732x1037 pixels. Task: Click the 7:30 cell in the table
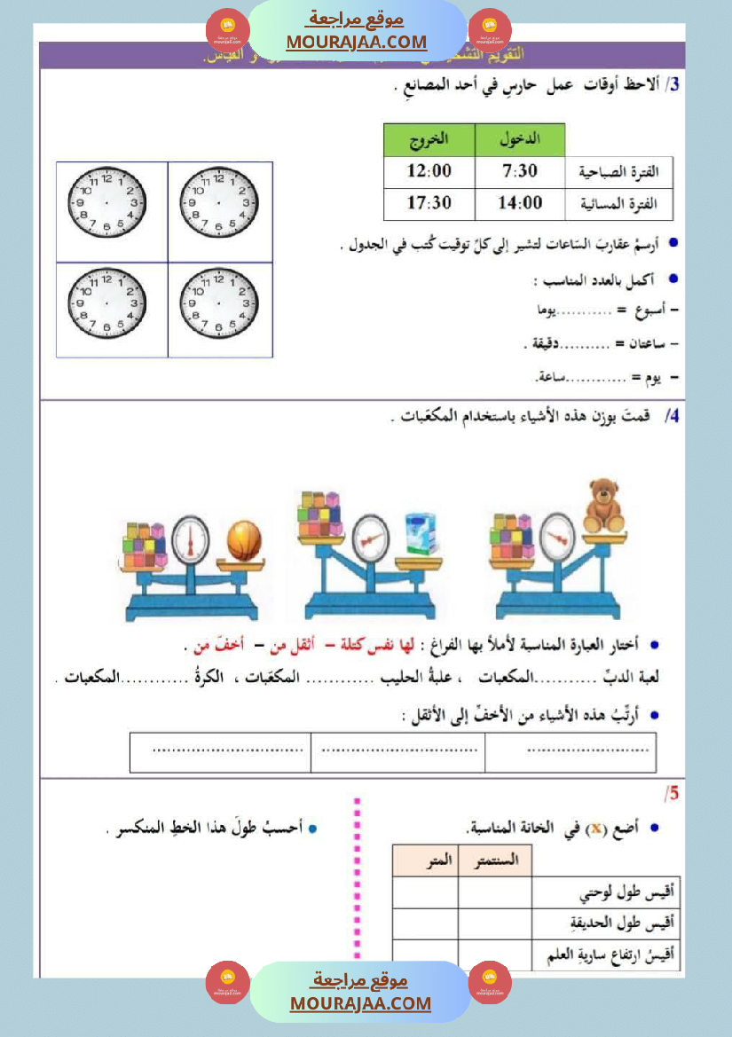pyautogui.click(x=520, y=171)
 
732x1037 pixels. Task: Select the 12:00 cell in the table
pyautogui.click(x=429, y=171)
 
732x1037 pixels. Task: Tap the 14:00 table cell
pyautogui.click(x=520, y=203)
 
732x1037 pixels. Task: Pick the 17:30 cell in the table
pyautogui.click(x=429, y=203)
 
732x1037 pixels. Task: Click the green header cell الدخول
pyautogui.click(x=520, y=140)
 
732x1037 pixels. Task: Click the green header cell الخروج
pyautogui.click(x=429, y=140)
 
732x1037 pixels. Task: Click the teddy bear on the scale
pyautogui.click(x=605, y=507)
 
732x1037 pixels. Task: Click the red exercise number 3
pyautogui.click(x=674, y=85)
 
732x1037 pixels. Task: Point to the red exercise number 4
pyautogui.click(x=672, y=415)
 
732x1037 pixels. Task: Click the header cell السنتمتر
pyautogui.click(x=495, y=860)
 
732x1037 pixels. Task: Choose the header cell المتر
pyautogui.click(x=424, y=860)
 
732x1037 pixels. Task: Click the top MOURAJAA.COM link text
pyautogui.click(x=357, y=42)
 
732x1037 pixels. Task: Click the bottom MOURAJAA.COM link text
pyautogui.click(x=360, y=1003)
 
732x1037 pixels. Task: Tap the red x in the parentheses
pyautogui.click(x=599, y=828)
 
